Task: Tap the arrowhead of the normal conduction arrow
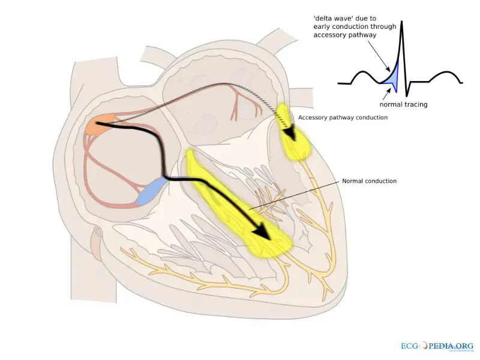262,233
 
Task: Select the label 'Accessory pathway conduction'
343,118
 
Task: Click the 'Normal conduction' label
369,181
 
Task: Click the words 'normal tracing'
403,104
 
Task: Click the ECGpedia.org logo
436,346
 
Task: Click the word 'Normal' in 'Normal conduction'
353,181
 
